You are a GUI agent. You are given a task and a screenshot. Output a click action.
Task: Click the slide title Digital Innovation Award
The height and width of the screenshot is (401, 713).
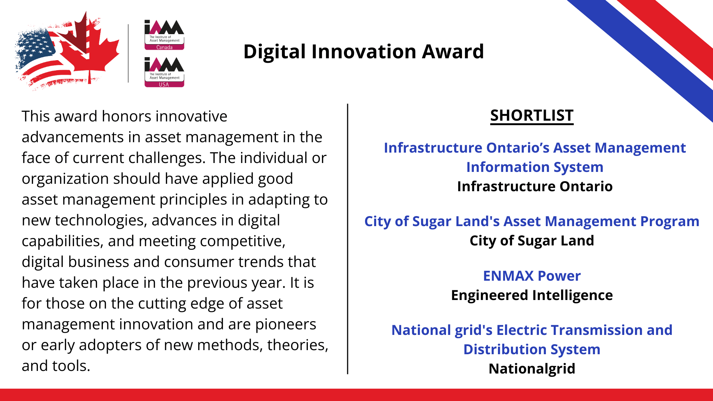pos(364,51)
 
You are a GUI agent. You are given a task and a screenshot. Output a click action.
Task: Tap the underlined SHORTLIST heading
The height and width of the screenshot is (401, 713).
pos(532,115)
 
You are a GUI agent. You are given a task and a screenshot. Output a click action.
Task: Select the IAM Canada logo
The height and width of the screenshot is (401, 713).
pos(164,35)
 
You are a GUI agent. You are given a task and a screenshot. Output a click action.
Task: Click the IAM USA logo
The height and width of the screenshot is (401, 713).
pos(164,72)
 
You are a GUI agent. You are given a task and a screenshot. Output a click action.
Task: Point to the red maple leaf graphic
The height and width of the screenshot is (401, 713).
pos(89,48)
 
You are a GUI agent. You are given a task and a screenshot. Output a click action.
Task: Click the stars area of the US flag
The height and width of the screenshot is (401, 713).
pos(35,46)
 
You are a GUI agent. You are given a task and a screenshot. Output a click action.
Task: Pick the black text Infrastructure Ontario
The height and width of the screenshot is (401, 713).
pos(535,186)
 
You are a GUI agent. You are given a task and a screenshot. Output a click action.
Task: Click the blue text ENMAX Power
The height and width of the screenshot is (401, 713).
pos(532,276)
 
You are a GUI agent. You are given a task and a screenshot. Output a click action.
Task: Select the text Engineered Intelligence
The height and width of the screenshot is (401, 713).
pos(532,296)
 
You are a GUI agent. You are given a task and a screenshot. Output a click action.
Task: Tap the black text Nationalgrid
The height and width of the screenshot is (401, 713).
pos(532,369)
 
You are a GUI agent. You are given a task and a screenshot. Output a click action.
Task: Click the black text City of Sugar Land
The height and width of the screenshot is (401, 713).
pos(532,241)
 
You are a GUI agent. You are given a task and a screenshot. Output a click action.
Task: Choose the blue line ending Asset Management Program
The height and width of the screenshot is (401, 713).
pos(532,222)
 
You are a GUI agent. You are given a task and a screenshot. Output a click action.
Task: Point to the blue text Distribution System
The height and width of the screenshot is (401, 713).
pos(532,350)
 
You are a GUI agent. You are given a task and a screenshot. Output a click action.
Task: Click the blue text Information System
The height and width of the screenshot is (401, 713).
pos(535,167)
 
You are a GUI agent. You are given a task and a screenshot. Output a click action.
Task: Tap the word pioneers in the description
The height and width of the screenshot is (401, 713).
pos(286,325)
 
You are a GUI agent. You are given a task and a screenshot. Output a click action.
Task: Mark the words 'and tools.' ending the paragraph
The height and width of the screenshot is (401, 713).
pos(56,366)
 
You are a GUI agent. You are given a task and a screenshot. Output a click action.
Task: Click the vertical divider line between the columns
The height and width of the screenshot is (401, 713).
pos(348,239)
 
